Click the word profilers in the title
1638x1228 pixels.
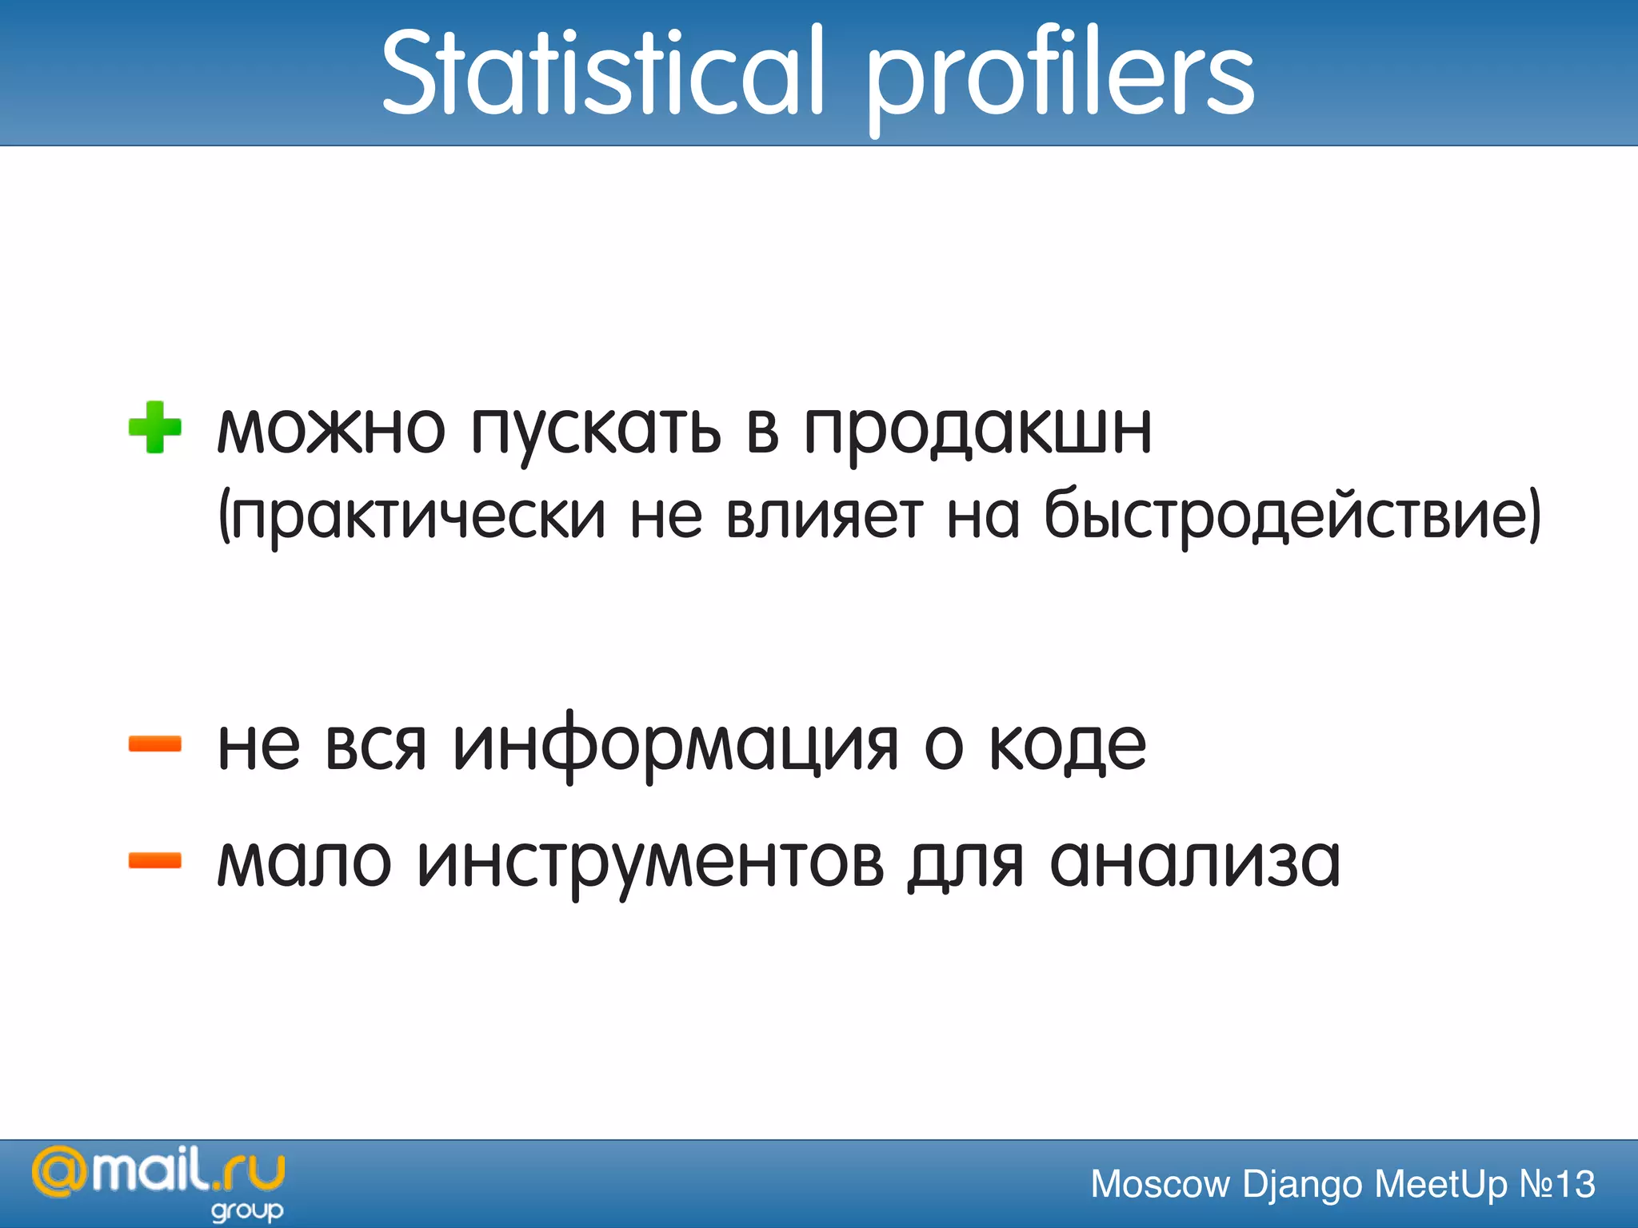1060,76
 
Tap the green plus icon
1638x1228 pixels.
155,427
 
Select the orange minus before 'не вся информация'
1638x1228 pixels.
155,744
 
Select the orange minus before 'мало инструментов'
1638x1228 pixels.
155,860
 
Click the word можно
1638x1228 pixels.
330,429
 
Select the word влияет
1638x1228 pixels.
825,516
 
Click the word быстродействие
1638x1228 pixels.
1288,516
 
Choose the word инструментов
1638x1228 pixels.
650,863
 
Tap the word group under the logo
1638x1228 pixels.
247,1210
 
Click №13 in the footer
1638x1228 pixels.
1556,1184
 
